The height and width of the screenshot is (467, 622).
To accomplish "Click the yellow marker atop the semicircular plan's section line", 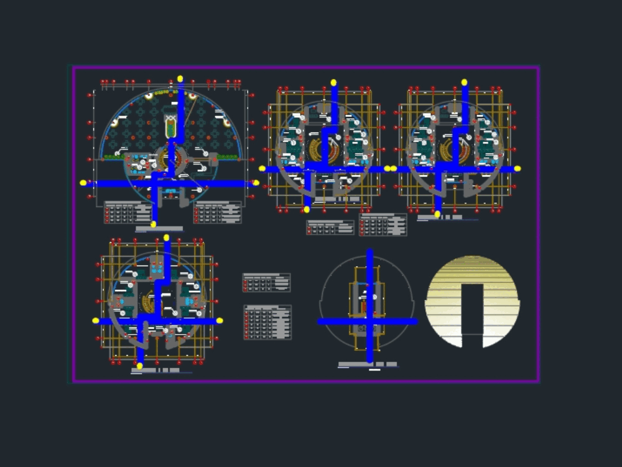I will (x=180, y=79).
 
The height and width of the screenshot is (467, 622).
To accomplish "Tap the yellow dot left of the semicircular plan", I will (x=83, y=183).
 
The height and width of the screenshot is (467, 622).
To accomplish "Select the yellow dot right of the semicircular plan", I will (x=256, y=183).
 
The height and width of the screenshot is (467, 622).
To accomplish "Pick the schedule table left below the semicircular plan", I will (x=128, y=212).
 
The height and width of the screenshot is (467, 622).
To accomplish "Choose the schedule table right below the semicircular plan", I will (x=217, y=212).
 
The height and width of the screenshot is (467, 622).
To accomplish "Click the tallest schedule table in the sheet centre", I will (x=267, y=322).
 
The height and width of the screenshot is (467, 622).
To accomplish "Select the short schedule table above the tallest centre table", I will (x=266, y=282).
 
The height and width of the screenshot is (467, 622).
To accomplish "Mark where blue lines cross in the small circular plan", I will (x=369, y=321).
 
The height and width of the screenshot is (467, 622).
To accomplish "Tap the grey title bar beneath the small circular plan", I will (x=368, y=364).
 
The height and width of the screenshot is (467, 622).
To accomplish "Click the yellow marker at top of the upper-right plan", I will (x=464, y=82).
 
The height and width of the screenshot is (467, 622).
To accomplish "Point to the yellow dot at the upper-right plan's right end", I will (x=518, y=169).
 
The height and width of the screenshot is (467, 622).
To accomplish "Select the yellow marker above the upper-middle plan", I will (x=334, y=82).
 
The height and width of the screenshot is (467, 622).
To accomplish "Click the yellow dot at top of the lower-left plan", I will (x=167, y=238).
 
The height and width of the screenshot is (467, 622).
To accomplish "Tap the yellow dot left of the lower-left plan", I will (x=96, y=321).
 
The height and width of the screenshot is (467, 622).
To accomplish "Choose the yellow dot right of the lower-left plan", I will (x=220, y=321).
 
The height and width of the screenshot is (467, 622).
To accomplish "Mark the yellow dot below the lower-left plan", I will (x=140, y=366).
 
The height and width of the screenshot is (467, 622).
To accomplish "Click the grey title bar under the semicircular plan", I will (x=159, y=229).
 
